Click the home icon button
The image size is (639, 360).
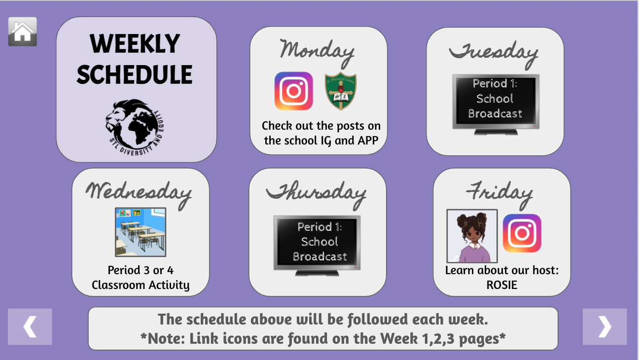(x=23, y=32)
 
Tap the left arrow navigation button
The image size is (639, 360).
(x=30, y=326)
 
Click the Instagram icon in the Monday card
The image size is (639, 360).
(x=293, y=91)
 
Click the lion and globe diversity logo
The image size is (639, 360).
(x=135, y=127)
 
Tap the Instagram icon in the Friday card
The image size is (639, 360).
(x=522, y=233)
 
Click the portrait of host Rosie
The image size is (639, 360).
(x=472, y=236)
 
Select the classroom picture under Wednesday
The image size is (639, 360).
(x=141, y=232)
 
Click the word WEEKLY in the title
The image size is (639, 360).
(x=135, y=44)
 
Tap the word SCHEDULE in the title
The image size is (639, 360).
(x=135, y=74)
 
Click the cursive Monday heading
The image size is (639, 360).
(x=318, y=53)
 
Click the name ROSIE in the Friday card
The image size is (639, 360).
(x=502, y=285)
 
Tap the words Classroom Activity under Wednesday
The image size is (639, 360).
(x=141, y=285)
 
